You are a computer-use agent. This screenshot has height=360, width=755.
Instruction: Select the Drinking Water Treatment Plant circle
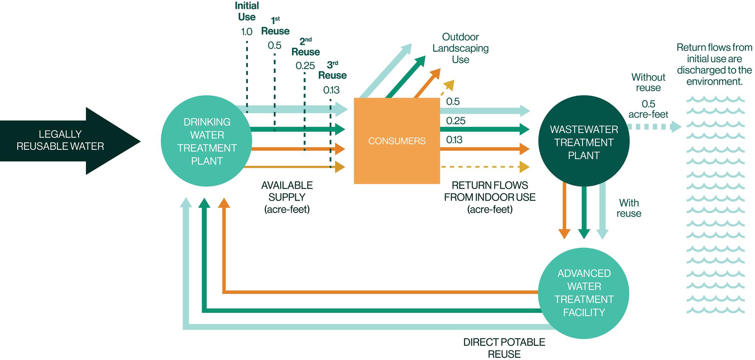point(206,141)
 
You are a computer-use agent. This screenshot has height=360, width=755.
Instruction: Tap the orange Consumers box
point(397,141)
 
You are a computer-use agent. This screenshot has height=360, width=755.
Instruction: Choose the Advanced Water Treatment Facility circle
point(584,293)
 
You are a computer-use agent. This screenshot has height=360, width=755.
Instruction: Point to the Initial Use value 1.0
point(246,32)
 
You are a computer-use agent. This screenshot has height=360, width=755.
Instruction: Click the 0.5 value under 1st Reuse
point(274,46)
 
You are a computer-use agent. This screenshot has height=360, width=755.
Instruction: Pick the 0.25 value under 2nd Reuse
point(305,66)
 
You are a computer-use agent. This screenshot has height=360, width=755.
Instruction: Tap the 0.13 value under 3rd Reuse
point(331,90)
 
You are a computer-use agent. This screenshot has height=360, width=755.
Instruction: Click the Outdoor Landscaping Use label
point(461,48)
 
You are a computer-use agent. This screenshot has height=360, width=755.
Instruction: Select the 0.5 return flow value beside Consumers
point(453,102)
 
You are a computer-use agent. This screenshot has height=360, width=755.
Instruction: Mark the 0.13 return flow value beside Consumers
point(454,140)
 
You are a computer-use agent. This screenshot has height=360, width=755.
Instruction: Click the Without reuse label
point(648,83)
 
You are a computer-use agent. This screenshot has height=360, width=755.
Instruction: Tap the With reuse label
point(629,208)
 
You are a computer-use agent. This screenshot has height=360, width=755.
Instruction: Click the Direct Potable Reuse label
point(504,348)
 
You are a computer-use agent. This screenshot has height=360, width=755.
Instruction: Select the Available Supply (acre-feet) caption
point(287,197)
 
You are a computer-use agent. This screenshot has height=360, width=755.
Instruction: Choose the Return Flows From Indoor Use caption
point(490,197)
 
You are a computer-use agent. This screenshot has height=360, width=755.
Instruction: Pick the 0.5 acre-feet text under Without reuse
point(648,109)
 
